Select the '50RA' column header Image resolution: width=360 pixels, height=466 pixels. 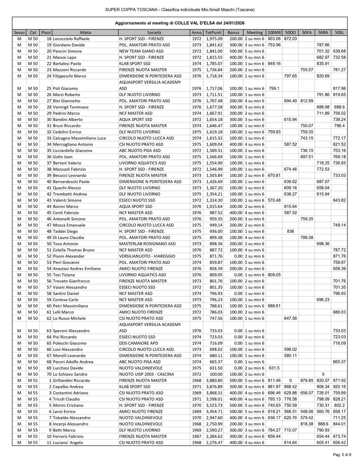[322, 32]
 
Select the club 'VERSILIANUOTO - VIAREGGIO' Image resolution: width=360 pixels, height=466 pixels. [147, 256]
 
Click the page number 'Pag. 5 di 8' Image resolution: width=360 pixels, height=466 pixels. [342, 455]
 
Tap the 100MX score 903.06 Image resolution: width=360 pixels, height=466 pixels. [274, 39]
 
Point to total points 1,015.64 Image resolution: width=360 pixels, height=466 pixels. [214, 206]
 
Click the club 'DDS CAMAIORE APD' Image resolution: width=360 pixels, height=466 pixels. [139, 343]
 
